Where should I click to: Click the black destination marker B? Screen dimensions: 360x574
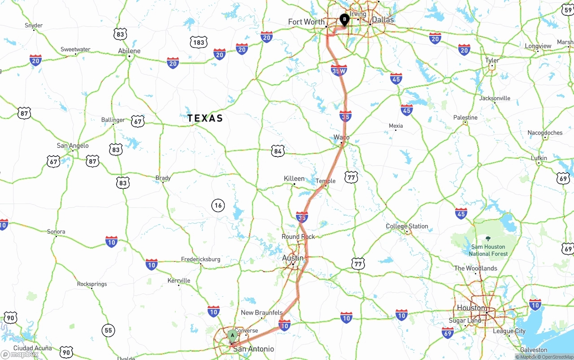click(x=344, y=20)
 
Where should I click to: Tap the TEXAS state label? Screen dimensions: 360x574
click(x=205, y=118)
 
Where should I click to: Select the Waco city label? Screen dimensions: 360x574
click(x=341, y=137)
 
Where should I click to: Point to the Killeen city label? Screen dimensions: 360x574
click(x=294, y=178)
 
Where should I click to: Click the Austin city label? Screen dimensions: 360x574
click(x=293, y=258)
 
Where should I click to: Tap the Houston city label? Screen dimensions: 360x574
click(x=471, y=308)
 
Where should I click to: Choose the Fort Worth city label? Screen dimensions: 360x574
click(x=306, y=22)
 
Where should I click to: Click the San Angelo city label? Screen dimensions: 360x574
click(x=73, y=146)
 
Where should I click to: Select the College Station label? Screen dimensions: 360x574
click(x=407, y=226)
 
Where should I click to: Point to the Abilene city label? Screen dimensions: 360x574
click(x=129, y=51)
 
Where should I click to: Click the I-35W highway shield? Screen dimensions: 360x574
click(x=339, y=70)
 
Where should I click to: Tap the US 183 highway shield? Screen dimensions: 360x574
click(x=199, y=43)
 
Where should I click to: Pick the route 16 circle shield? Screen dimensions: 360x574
click(x=218, y=206)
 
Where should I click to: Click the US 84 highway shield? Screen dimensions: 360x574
click(x=278, y=151)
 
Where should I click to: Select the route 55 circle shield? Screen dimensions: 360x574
click(x=108, y=330)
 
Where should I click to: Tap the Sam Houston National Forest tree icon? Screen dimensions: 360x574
click(x=488, y=239)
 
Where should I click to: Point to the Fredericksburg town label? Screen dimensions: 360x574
click(x=200, y=259)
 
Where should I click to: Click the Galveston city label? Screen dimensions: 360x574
click(x=534, y=350)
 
